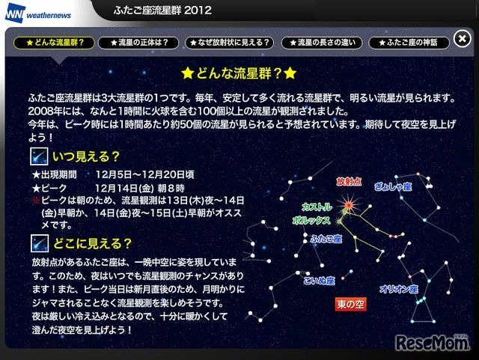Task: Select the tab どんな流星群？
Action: pos(55,43)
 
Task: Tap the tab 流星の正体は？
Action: pos(139,43)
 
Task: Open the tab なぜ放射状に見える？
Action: pos(230,43)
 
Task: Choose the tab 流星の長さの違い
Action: pos(325,43)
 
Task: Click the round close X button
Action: pos(462,40)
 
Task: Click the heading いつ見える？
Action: pos(85,156)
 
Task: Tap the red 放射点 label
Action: pos(349,181)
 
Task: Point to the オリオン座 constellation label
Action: pos(397,287)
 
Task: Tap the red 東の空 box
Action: pos(350,305)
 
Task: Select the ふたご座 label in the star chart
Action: pos(327,239)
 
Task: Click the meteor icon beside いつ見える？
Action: pos(40,157)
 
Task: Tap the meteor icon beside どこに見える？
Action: pos(40,243)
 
